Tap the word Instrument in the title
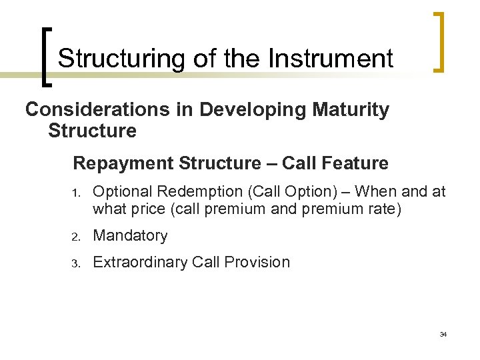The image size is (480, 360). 331,59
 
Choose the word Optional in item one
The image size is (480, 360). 117,192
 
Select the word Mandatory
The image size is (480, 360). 130,235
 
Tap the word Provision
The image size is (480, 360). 260,262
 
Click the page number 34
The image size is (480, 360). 443,334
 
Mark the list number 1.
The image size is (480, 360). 76,193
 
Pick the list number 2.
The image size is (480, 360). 76,236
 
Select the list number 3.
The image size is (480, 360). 76,263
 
